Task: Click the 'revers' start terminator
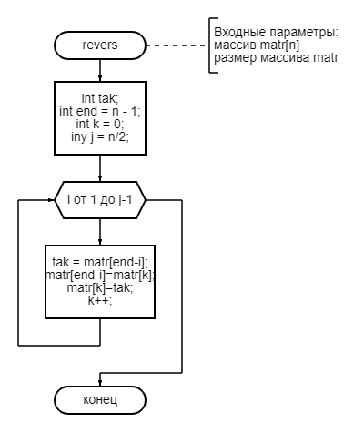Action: tap(100, 45)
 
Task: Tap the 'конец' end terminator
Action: tap(100, 400)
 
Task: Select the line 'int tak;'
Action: tap(100, 98)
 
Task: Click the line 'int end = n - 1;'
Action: tap(100, 111)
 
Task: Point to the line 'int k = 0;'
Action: tap(100, 124)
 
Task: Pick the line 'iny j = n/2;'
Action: tap(100, 136)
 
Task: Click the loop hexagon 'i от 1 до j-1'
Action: tap(100, 200)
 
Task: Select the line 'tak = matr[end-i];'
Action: tap(100, 262)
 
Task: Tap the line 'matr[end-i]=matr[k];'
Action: tap(100, 275)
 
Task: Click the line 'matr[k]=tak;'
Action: tap(100, 287)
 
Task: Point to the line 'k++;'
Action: tap(100, 300)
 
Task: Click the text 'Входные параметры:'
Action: tap(276, 32)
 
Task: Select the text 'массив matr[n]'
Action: tap(257, 45)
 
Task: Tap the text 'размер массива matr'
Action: tap(276, 57)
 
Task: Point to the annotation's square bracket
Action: tap(209, 45)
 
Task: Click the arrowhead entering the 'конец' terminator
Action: tap(100, 383)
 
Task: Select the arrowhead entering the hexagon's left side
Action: tap(51, 200)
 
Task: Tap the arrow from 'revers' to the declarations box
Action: tap(100, 70)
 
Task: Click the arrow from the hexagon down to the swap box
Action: tap(100, 232)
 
